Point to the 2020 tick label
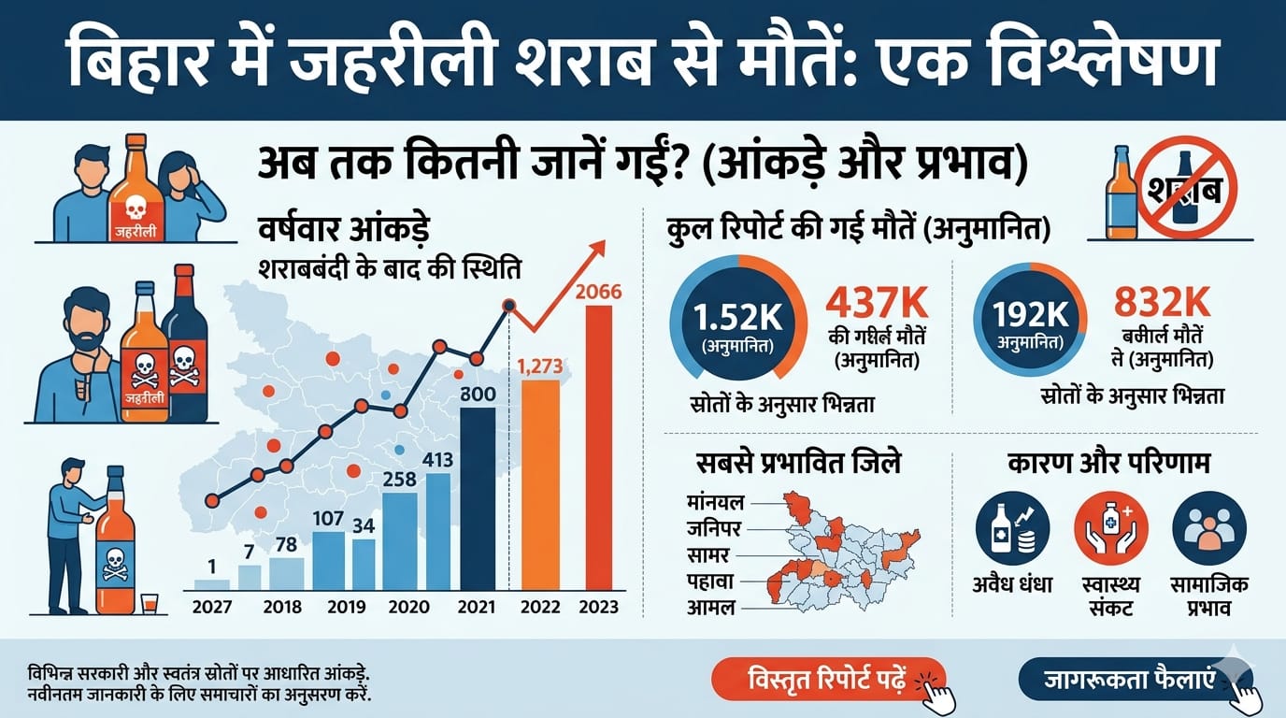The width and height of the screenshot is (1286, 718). [x=409, y=607]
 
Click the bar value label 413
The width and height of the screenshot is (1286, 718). [x=438, y=460]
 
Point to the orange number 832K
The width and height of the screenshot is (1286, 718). [x=1164, y=301]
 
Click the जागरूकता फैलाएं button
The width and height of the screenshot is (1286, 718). [x=1128, y=679]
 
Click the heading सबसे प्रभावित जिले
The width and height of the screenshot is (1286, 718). [x=798, y=464]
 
